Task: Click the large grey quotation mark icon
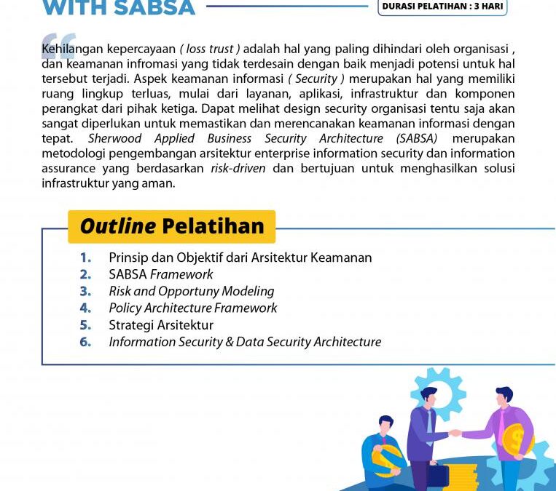[58, 45]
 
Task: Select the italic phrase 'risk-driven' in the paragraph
[238, 168]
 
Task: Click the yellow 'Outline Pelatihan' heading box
[171, 226]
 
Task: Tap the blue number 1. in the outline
[86, 258]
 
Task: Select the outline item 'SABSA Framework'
[161, 274]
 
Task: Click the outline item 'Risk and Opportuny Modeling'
[192, 291]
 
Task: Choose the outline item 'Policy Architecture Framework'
[193, 308]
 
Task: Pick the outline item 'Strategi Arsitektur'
[161, 324]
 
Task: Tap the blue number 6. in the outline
[86, 342]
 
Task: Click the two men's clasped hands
[455, 433]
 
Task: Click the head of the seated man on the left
[386, 423]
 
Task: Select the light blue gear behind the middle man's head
[439, 393]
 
